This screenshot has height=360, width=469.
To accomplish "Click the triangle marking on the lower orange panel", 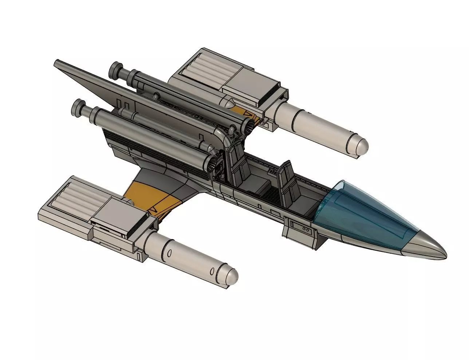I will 153,210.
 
